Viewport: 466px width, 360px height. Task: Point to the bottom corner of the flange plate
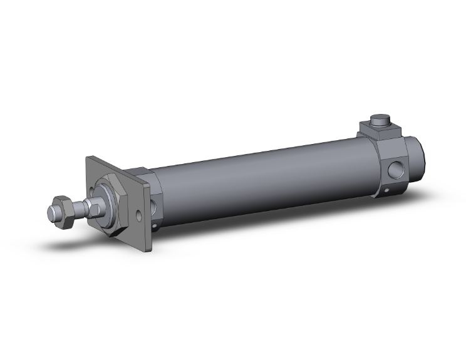pyautogui.click(x=149, y=250)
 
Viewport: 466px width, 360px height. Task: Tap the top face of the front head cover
pyautogui.click(x=138, y=171)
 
